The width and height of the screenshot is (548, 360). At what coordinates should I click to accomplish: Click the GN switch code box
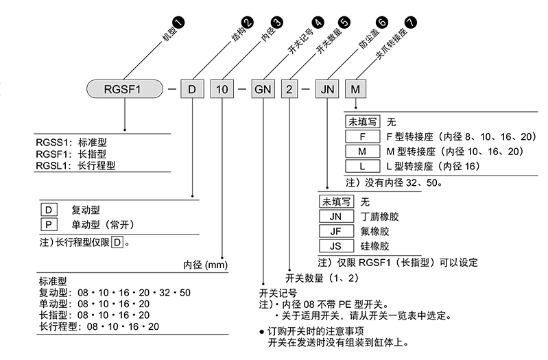coord(263,90)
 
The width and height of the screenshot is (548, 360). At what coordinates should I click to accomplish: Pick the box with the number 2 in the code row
coord(290,90)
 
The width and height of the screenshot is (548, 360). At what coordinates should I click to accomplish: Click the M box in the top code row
coord(355,90)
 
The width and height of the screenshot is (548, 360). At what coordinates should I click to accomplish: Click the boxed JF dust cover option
coord(336,231)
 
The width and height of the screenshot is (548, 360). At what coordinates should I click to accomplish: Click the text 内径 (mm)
coord(205,265)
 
